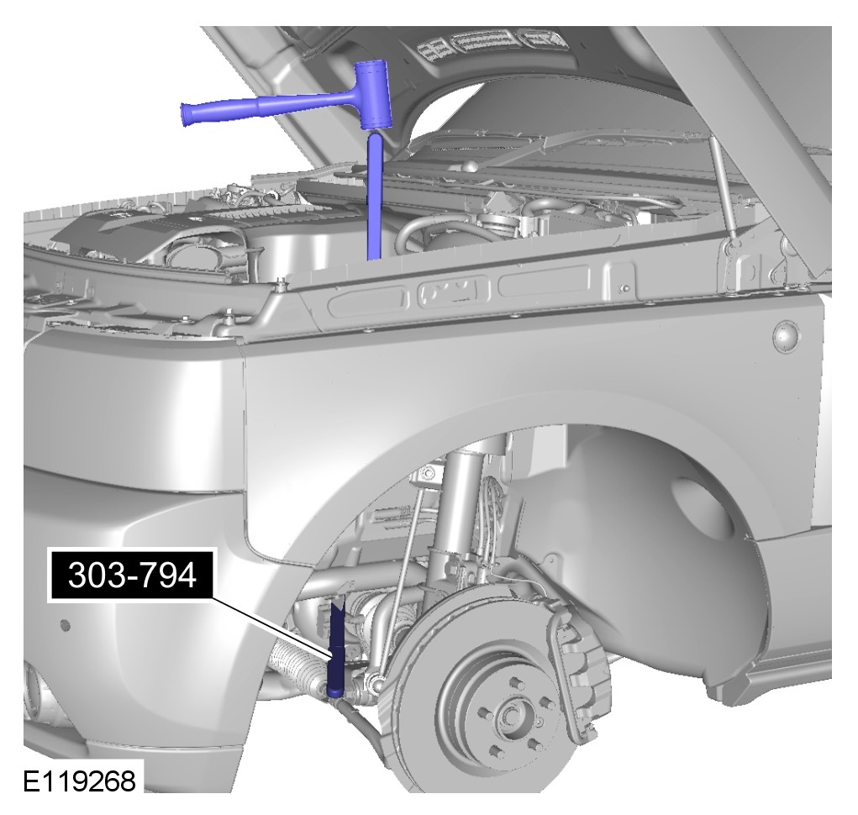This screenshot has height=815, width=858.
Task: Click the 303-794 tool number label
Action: (x=132, y=576)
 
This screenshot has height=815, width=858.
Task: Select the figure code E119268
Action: (x=79, y=781)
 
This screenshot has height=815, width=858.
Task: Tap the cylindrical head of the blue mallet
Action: (x=372, y=95)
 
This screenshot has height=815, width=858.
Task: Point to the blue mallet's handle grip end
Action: (x=191, y=113)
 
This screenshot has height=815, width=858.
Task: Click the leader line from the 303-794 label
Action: (x=271, y=628)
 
